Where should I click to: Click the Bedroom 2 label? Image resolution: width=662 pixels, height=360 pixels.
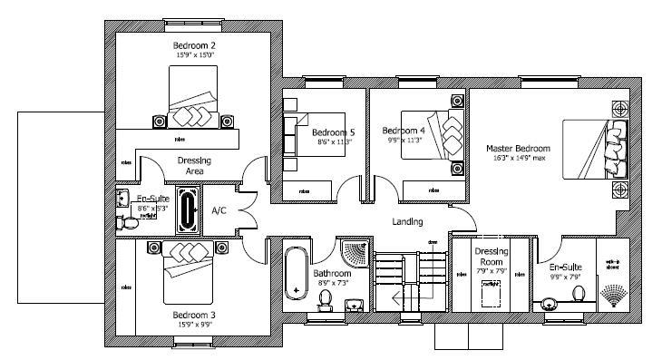(x=194, y=44)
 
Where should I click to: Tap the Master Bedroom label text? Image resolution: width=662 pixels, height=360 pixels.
(x=518, y=148)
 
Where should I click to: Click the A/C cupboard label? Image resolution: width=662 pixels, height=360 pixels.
(x=219, y=210)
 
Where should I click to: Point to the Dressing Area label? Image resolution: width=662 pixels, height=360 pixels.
(x=194, y=165)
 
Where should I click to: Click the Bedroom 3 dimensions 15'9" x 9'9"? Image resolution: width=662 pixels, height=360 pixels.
(x=194, y=324)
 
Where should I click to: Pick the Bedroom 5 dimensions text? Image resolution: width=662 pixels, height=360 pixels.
(x=335, y=142)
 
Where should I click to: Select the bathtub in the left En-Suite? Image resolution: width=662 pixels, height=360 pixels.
(x=190, y=209)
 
